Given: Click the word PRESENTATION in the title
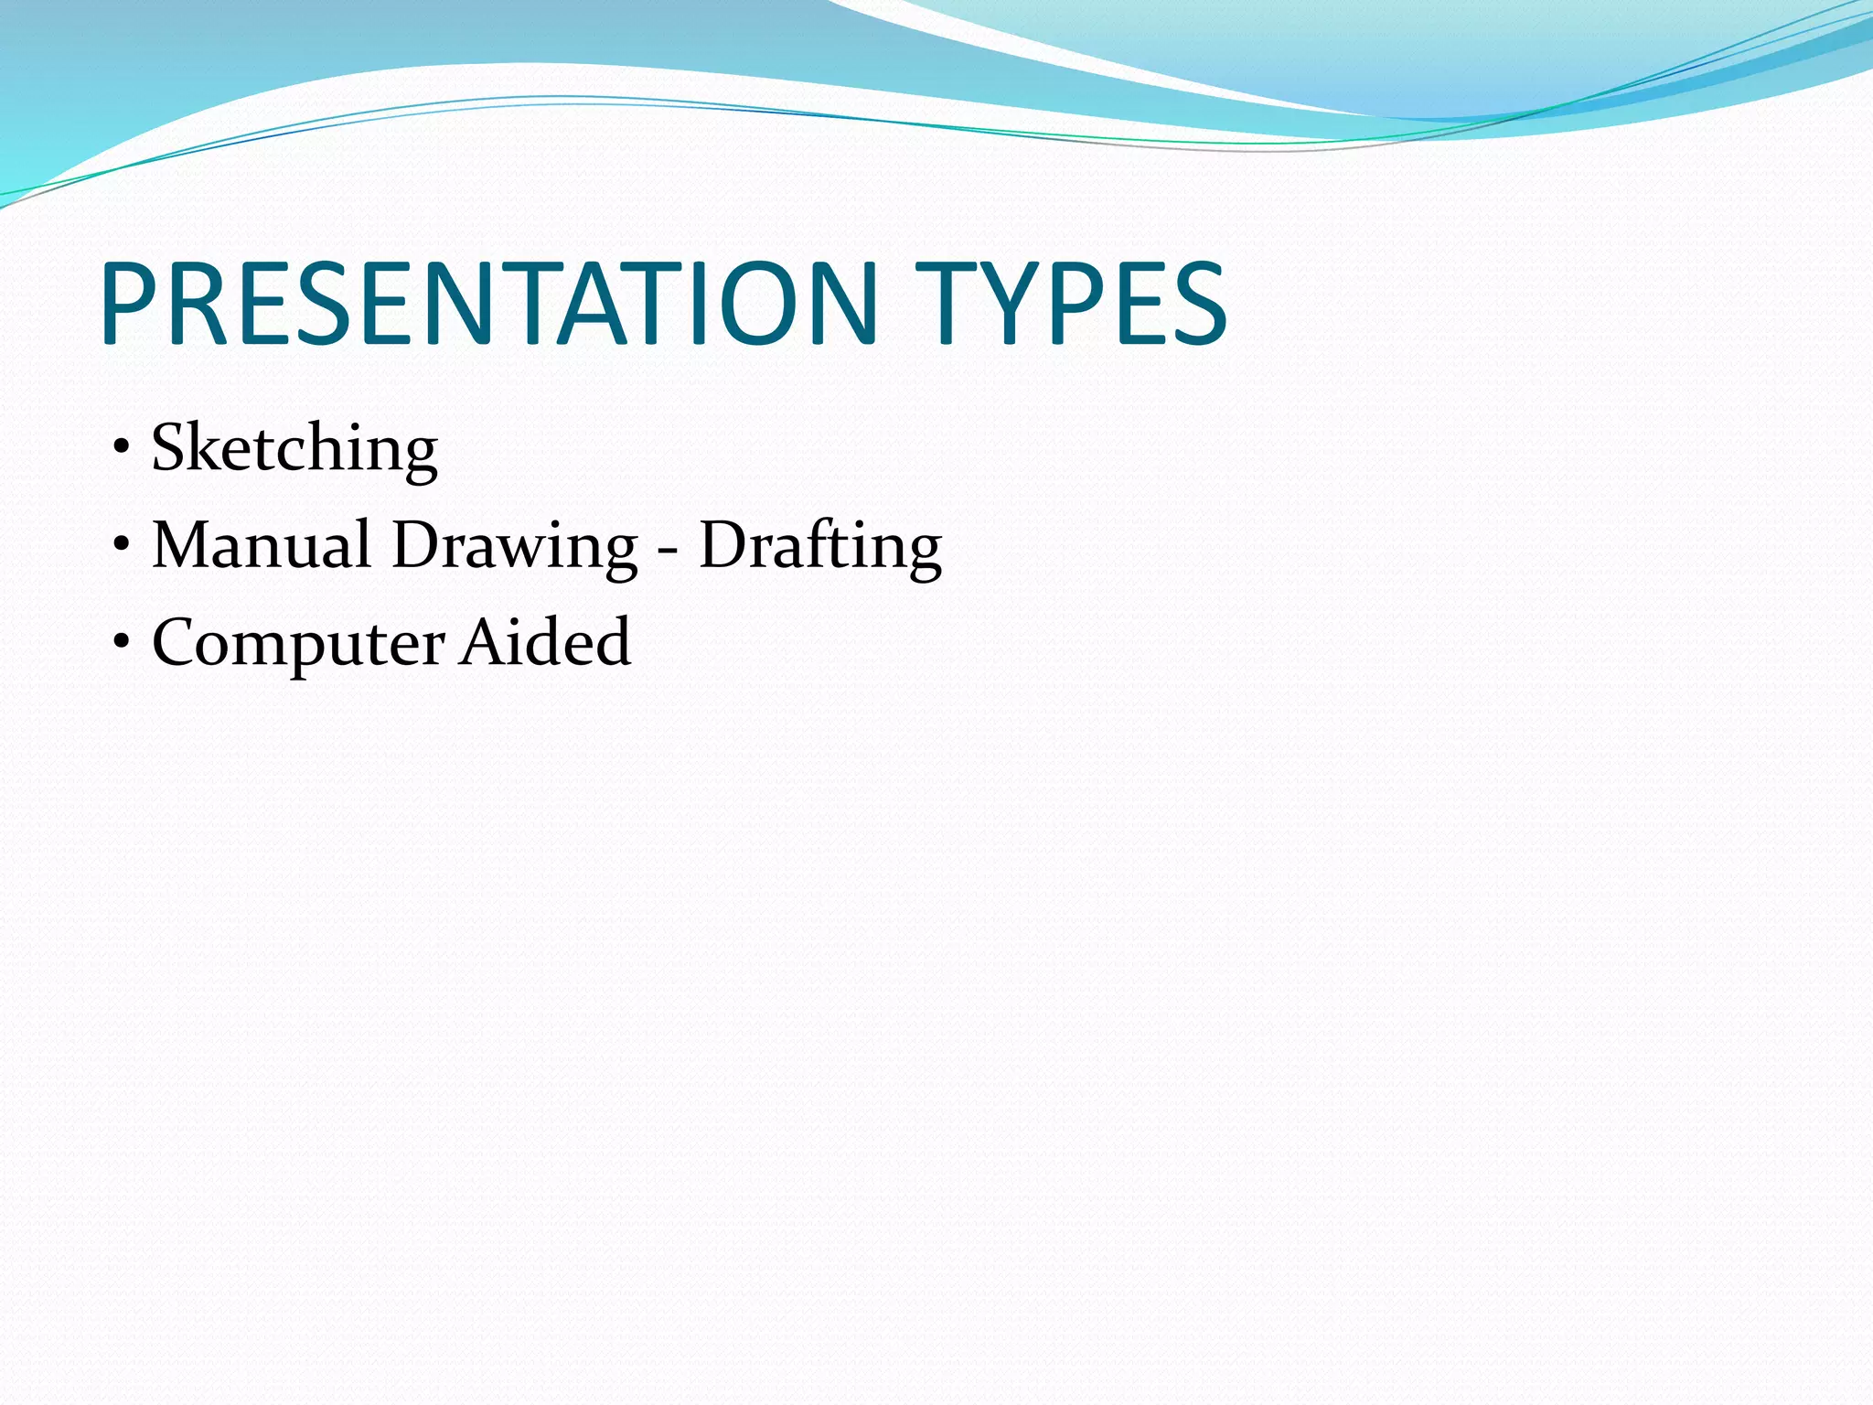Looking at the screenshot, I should (x=489, y=304).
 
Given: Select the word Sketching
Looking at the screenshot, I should (x=294, y=448).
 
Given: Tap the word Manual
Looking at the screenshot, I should (x=261, y=545).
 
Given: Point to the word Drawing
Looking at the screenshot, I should (x=515, y=547).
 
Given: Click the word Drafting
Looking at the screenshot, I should (x=820, y=547).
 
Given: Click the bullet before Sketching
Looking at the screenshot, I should (x=122, y=448).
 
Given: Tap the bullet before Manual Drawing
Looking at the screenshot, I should (x=122, y=546).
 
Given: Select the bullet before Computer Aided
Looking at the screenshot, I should (x=122, y=643).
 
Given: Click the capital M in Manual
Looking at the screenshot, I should (x=185, y=545).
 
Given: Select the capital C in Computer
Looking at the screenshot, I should (x=178, y=642).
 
